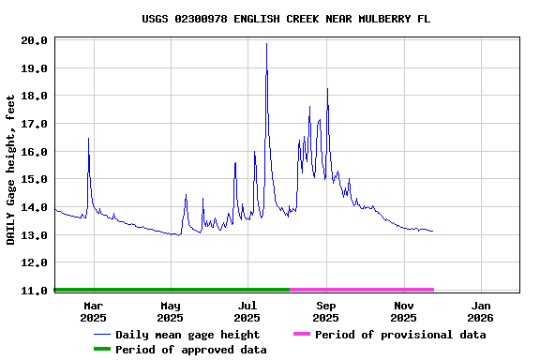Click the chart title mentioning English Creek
click(x=287, y=19)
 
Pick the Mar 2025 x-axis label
click(x=94, y=311)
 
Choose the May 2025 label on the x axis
click(x=171, y=311)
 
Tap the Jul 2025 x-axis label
click(x=247, y=311)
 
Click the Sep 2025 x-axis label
click(x=326, y=311)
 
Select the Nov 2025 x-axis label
click(x=404, y=311)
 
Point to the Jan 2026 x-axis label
click(x=481, y=311)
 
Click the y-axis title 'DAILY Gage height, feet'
click(x=11, y=170)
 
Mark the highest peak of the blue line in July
click(x=266, y=44)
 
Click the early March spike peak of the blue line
click(x=88, y=139)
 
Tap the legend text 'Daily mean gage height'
click(x=187, y=335)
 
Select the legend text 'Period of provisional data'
click(x=400, y=335)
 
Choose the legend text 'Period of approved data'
click(x=191, y=350)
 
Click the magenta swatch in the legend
click(x=301, y=335)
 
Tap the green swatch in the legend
click(x=101, y=350)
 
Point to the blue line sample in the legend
click(x=101, y=335)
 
